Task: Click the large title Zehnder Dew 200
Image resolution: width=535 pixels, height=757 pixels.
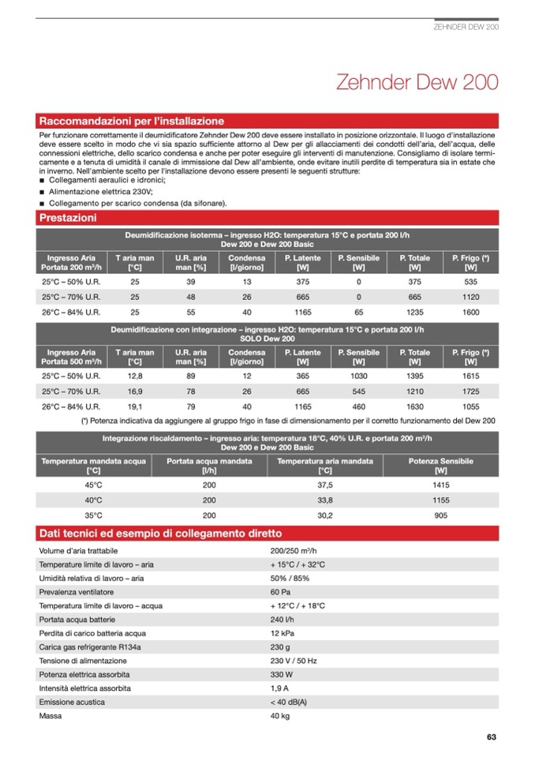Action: (x=417, y=83)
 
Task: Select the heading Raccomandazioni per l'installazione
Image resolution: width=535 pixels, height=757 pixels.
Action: (x=132, y=122)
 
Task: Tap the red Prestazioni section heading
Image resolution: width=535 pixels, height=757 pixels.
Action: (x=68, y=217)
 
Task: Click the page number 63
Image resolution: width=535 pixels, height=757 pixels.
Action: (x=491, y=737)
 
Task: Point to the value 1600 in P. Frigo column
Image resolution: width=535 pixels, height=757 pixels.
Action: (x=471, y=312)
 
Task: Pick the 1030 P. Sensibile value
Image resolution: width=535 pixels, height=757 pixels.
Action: (x=358, y=377)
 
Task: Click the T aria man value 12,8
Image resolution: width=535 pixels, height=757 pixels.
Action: (x=135, y=377)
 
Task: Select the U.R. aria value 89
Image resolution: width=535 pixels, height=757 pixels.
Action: (x=191, y=377)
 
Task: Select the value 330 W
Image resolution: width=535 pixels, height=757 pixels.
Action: (x=282, y=675)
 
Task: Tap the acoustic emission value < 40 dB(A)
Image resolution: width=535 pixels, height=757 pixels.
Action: (x=289, y=703)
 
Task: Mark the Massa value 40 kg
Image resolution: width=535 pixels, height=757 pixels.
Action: (x=280, y=717)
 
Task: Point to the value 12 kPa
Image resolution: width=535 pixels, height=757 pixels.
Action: (x=282, y=633)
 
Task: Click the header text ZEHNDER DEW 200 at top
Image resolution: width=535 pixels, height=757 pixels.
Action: (x=466, y=26)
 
